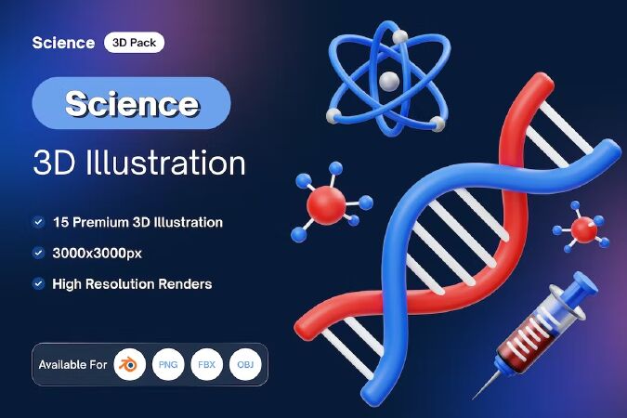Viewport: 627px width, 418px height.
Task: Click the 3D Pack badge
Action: pos(134,43)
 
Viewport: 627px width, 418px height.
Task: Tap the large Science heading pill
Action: pos(131,103)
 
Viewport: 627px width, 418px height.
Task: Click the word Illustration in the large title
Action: pos(165,163)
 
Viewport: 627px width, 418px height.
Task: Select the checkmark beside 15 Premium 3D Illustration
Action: pos(38,222)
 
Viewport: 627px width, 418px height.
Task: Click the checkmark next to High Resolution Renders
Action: pos(38,283)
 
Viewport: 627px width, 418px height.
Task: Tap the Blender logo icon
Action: pos(129,364)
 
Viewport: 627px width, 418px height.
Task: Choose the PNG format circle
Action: pos(168,364)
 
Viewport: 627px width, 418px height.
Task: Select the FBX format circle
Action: pos(206,364)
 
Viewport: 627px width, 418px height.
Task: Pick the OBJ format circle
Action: pos(245,364)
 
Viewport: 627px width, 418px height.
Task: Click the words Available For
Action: pos(72,365)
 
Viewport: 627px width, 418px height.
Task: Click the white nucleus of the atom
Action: pos(388,81)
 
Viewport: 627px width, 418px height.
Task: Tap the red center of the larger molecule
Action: pos(326,205)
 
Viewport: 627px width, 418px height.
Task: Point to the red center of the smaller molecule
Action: pos(584,229)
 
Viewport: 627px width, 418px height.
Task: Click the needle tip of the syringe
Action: pos(474,398)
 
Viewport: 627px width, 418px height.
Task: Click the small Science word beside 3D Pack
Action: pos(63,43)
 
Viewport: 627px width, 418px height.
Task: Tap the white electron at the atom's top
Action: pos(399,37)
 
